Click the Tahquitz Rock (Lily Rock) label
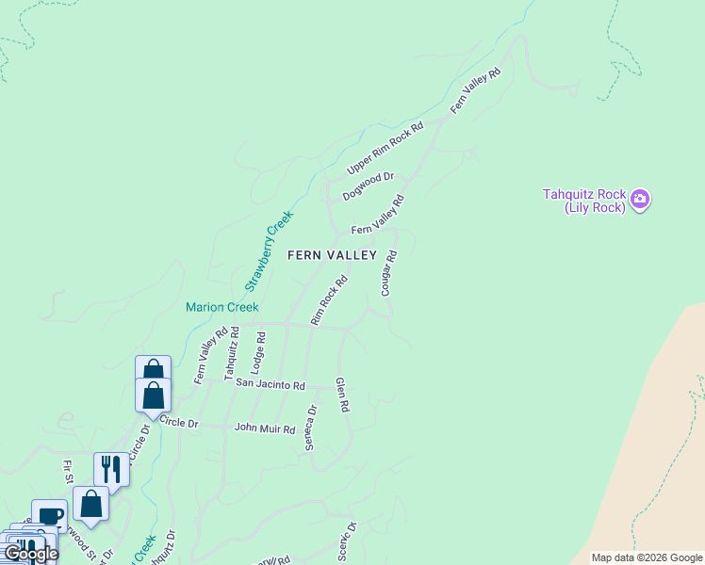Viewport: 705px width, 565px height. (584, 201)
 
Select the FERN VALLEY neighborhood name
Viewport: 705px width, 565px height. (332, 255)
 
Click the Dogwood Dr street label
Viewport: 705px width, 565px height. (368, 186)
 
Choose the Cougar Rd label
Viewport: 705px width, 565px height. (388, 273)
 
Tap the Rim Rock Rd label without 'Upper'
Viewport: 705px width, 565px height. (330, 300)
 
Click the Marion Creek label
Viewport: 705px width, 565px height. (221, 307)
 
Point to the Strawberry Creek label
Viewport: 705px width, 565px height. (269, 250)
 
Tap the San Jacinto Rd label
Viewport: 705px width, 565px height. (271, 384)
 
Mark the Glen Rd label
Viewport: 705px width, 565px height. (342, 395)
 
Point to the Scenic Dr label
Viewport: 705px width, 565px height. (347, 542)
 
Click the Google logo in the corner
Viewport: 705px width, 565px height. (30, 554)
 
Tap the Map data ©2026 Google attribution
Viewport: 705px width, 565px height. (646, 557)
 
